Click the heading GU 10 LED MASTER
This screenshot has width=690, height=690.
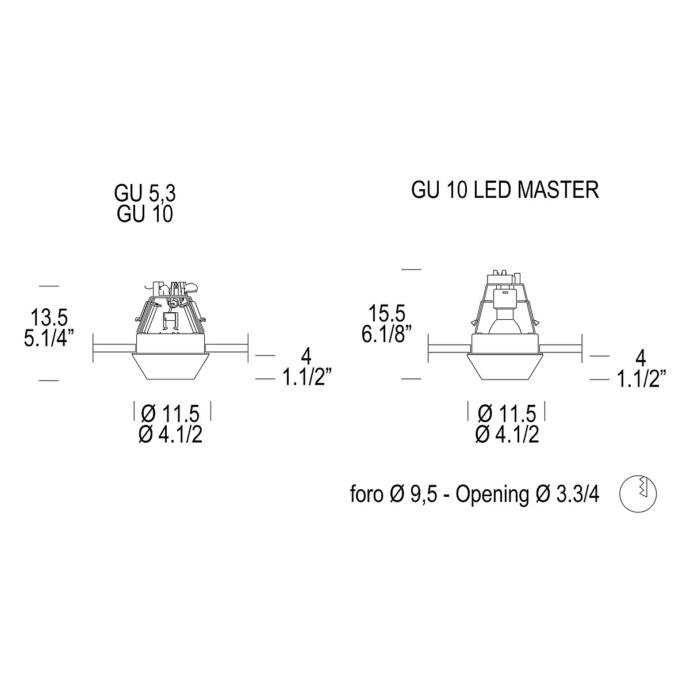(505, 190)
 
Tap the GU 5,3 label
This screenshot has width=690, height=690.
(145, 194)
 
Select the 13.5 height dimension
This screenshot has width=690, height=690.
(49, 317)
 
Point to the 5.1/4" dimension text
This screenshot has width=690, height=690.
(49, 338)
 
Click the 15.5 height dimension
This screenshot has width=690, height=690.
(387, 313)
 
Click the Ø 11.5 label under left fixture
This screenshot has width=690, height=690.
(170, 413)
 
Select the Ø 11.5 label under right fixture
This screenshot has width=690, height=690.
(507, 413)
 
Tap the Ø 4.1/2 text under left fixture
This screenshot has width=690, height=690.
(170, 435)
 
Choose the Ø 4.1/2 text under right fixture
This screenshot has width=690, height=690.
(507, 435)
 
